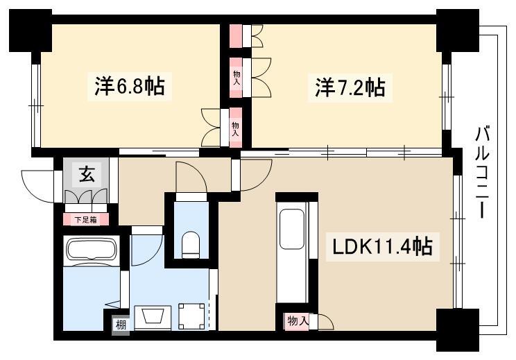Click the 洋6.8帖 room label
130,86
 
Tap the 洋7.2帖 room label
350,87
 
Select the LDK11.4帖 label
382,246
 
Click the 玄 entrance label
87,173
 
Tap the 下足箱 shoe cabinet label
85,219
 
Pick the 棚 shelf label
121,325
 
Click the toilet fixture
191,244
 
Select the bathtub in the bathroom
92,250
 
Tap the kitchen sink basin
292,230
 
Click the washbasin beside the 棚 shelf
153,318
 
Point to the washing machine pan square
191,316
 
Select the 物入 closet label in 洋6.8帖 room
235,128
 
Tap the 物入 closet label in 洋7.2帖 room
237,78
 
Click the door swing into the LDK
257,175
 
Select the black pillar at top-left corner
31,31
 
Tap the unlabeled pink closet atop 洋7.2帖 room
236,36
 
